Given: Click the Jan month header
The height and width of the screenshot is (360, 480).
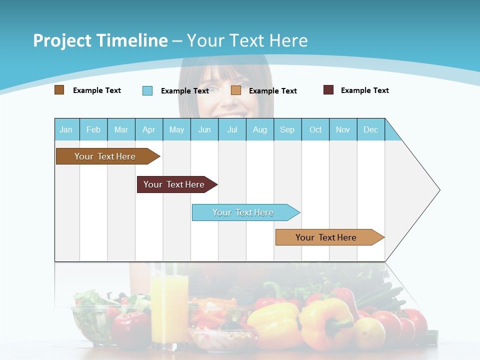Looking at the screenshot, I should click(x=66, y=129).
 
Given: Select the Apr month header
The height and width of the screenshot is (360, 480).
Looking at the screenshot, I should click(x=149, y=129).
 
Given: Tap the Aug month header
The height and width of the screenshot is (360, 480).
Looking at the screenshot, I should click(x=260, y=129).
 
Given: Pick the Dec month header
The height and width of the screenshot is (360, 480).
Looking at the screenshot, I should click(x=371, y=129).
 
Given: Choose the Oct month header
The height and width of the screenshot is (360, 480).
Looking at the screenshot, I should click(x=315, y=129).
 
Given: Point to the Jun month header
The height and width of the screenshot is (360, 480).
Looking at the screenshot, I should click(x=204, y=129).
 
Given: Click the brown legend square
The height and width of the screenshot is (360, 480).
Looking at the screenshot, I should click(x=59, y=90).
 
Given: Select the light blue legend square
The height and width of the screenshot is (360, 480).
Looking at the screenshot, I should click(x=147, y=90).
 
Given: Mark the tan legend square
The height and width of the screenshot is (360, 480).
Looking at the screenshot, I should click(x=236, y=90).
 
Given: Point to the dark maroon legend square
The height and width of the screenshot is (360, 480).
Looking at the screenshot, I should click(x=328, y=90).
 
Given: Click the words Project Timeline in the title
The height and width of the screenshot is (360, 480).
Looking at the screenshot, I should click(x=100, y=40).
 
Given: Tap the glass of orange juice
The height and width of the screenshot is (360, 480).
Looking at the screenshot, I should click(x=169, y=305).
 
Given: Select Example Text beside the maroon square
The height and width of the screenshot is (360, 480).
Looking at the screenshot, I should click(x=364, y=90).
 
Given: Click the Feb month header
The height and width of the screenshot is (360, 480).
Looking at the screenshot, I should click(x=93, y=129).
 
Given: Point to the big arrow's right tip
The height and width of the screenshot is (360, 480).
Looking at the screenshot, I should click(x=439, y=190).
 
